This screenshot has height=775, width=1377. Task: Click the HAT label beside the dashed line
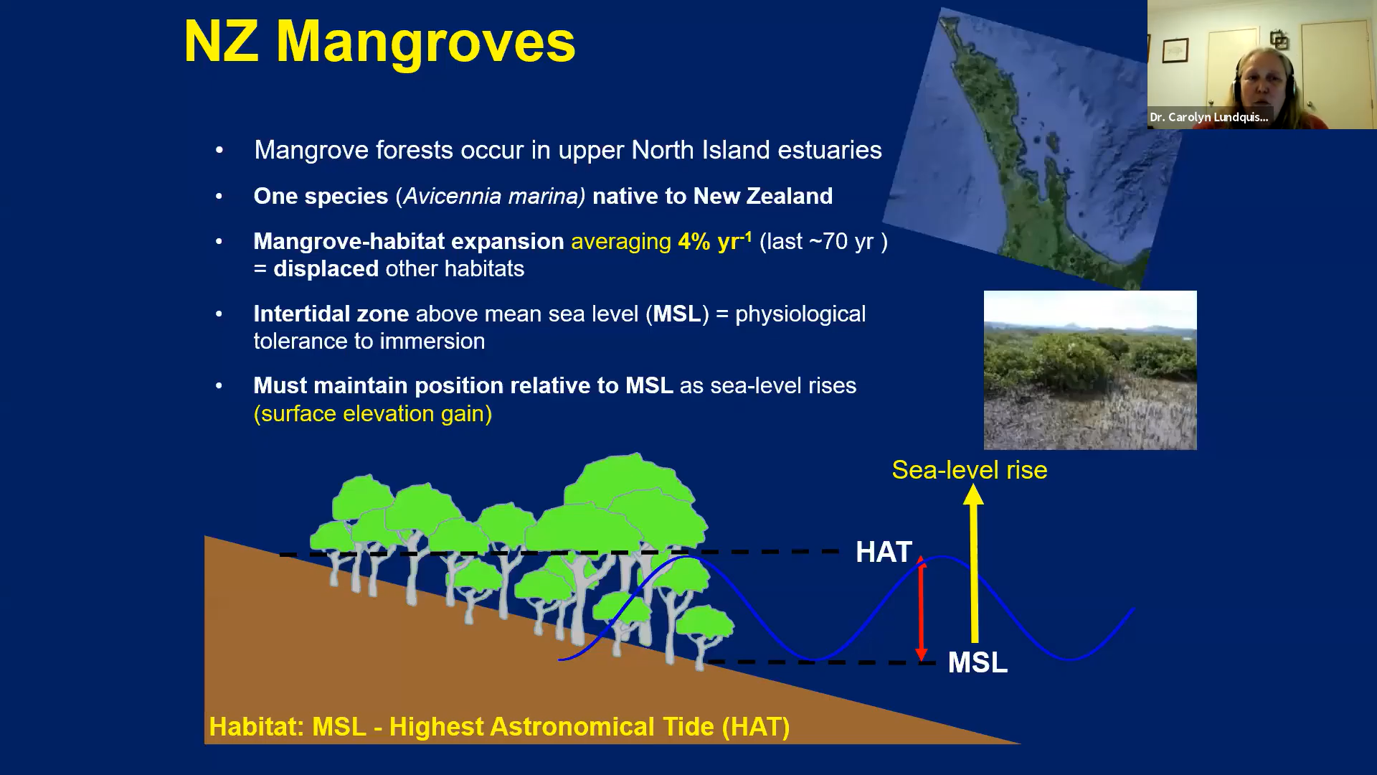point(884,552)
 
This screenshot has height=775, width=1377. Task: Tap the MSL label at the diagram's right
point(978,662)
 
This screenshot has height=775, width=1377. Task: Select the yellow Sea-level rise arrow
point(973,563)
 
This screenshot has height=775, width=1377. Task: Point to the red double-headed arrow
point(922,609)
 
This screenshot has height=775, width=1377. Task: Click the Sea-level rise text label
point(970,470)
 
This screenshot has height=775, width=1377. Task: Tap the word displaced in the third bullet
point(326,268)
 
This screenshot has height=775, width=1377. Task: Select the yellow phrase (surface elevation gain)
point(373,414)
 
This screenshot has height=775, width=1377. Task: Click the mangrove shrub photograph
point(1090,370)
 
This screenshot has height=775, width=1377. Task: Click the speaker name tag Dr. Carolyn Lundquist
point(1209,117)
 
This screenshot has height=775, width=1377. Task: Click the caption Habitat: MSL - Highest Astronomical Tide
point(499,727)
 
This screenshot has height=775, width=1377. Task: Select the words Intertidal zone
point(331,314)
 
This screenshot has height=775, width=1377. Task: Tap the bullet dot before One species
point(219,196)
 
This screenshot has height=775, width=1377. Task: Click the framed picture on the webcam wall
point(1175,50)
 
